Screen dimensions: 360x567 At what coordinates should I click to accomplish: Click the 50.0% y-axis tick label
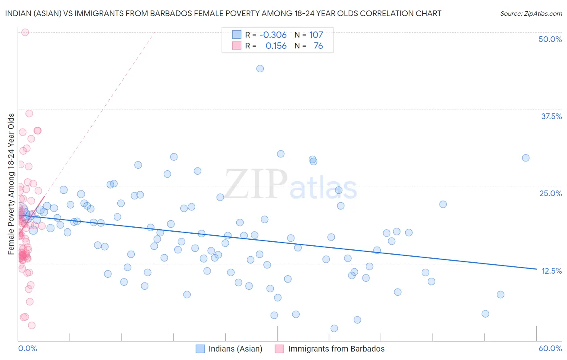tap(550, 39)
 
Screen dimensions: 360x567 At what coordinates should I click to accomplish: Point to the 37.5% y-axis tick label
tap(551, 116)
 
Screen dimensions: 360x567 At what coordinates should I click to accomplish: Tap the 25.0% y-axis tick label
tap(550, 193)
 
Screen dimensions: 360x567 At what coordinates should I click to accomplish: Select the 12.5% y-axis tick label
tap(551, 271)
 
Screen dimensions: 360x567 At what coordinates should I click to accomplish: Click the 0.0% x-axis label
tap(27, 348)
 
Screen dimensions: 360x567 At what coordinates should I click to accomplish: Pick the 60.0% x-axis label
tap(550, 348)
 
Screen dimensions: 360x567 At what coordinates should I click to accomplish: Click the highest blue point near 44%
tap(260, 69)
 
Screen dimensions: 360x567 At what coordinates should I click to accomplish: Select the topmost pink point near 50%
tap(25, 32)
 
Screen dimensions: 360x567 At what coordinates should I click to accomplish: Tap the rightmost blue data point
tap(525, 158)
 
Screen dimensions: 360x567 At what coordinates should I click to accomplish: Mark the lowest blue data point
tap(334, 329)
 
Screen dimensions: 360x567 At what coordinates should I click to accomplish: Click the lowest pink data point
tap(31, 325)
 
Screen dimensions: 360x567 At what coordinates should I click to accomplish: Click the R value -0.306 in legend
tap(273, 35)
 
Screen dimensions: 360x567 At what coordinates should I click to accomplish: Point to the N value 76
tap(318, 46)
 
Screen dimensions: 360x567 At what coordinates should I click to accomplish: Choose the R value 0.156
tap(276, 46)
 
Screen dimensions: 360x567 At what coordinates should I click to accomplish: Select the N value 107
tap(316, 35)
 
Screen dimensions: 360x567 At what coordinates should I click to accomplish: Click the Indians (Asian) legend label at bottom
tap(235, 349)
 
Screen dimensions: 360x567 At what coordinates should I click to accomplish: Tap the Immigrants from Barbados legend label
tap(336, 349)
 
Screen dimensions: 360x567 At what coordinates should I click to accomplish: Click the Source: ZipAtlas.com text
tap(531, 13)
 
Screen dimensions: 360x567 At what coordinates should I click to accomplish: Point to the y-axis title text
tap(11, 184)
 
